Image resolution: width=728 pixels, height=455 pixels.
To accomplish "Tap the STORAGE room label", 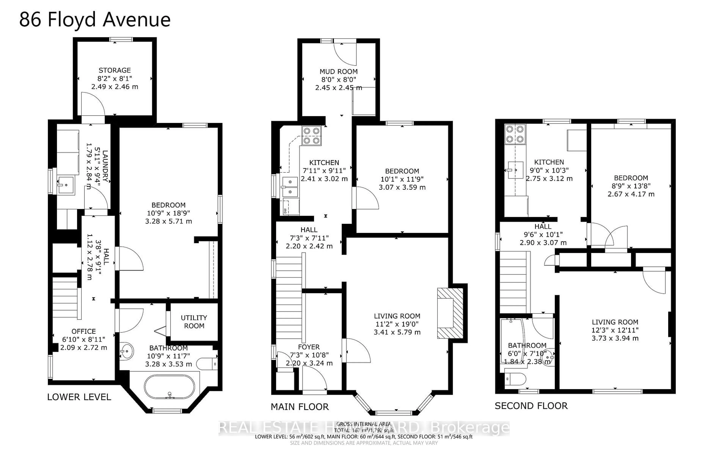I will point(115,70).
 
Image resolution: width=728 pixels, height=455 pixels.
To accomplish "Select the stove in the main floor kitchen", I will point(311,136).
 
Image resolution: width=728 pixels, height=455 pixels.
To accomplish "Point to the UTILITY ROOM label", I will point(194,322).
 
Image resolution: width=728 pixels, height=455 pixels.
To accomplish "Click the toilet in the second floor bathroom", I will point(515,379).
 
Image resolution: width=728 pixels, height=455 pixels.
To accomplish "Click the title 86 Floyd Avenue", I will point(95,20).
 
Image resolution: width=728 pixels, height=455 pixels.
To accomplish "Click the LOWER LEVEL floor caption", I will point(79,397).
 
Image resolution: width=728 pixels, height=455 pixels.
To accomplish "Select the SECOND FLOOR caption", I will point(531,406).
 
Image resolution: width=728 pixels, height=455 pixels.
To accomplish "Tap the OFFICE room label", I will point(83,331).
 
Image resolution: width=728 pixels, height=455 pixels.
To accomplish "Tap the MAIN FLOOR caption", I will point(300,407).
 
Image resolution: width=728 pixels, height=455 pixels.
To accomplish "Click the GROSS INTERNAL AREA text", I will point(364,424).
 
